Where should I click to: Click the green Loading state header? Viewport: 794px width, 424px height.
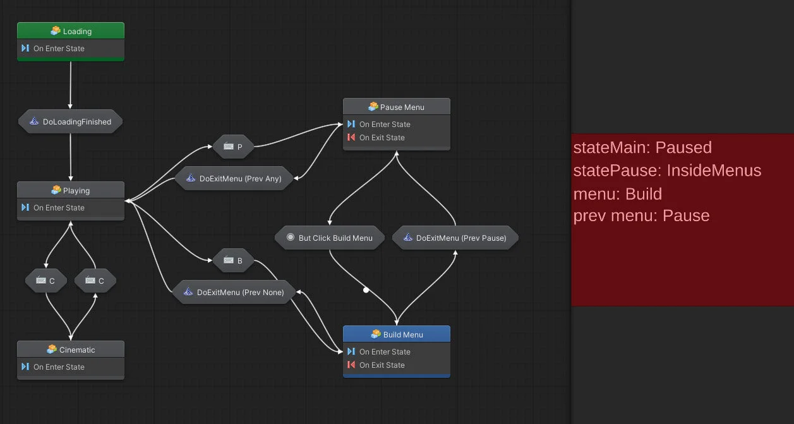pos(71,31)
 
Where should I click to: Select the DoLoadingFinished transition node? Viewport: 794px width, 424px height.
pos(71,122)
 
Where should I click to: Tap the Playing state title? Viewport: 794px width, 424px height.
pos(71,190)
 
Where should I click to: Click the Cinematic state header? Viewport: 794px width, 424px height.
pos(71,349)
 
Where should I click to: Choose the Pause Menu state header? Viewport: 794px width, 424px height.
pos(396,107)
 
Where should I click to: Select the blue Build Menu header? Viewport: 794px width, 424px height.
pos(396,334)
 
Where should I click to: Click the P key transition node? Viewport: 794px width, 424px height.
pos(233,147)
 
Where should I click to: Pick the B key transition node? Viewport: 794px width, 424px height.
pos(233,260)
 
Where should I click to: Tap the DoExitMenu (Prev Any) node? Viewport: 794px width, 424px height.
pos(232,179)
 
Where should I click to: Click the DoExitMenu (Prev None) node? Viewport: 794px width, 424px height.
pos(233,293)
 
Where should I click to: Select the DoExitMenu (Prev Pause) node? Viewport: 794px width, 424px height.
pos(455,238)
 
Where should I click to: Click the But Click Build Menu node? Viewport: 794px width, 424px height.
pos(329,238)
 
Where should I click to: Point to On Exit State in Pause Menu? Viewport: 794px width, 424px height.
pos(382,138)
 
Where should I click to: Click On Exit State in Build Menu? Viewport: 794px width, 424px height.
pos(382,365)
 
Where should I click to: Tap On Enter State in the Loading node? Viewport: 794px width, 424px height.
pos(59,49)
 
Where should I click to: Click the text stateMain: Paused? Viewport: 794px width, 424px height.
pos(642,148)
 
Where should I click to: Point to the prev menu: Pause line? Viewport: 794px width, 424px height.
pos(641,216)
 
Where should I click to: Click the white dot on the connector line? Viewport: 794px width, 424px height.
pos(366,290)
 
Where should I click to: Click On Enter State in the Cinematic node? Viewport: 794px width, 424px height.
pos(59,367)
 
